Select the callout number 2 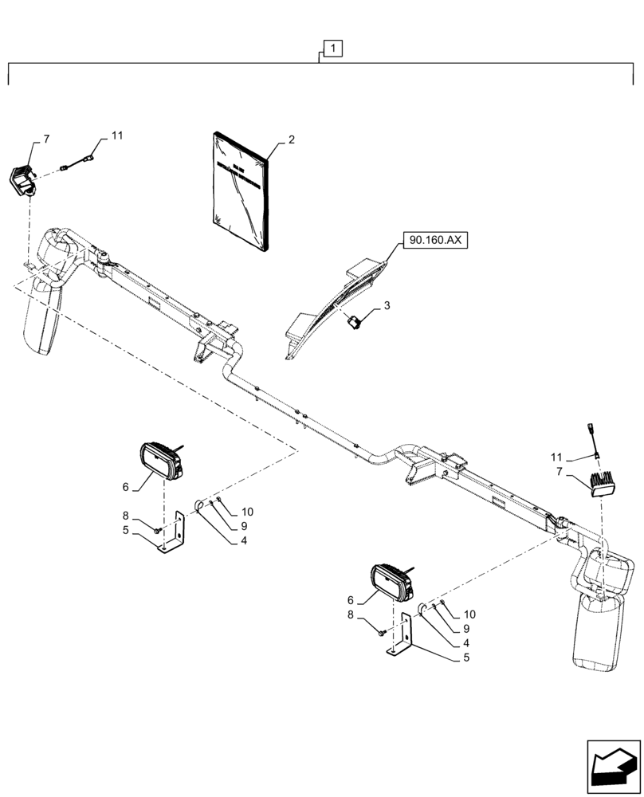(291, 140)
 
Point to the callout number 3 (388, 305)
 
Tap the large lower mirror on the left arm (45, 314)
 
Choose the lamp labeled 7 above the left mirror (24, 180)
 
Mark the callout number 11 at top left (117, 136)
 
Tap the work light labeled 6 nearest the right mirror (391, 583)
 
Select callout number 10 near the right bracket (469, 614)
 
